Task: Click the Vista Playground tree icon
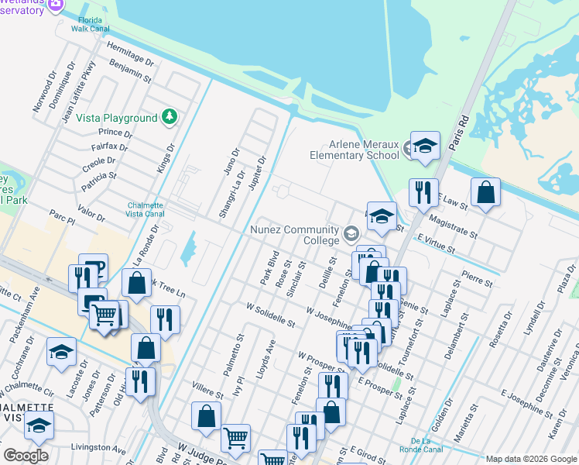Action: (x=170, y=118)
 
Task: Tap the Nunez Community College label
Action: (x=294, y=235)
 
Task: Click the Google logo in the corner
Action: (x=25, y=456)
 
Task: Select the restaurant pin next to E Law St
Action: (x=422, y=191)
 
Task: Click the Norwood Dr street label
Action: (x=45, y=94)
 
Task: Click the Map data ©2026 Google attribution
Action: (x=531, y=459)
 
